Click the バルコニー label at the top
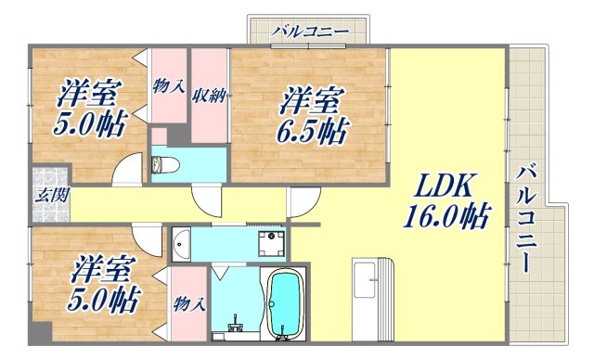[x=309, y=32]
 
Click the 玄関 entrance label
[x=47, y=196]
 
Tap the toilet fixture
[x=161, y=166]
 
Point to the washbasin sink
[x=182, y=243]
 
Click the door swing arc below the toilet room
[x=208, y=202]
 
